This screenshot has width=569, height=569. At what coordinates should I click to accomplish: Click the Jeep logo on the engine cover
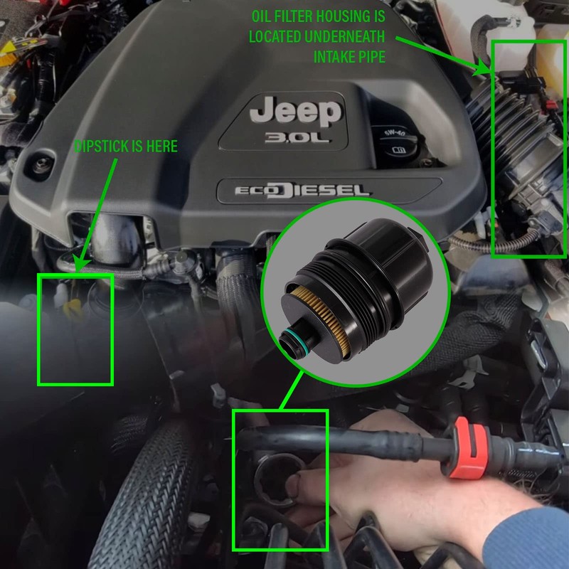point(296,112)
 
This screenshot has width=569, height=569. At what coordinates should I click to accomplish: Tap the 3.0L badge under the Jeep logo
point(297,137)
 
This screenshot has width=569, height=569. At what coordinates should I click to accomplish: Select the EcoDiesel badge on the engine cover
point(302,191)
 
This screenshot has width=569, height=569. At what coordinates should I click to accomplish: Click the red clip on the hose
point(467,447)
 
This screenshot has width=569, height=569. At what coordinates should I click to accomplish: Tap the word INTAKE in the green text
point(334,57)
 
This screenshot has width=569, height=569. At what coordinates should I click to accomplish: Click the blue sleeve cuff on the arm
point(527,537)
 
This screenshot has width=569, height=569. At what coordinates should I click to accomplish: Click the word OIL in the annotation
point(262,16)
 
